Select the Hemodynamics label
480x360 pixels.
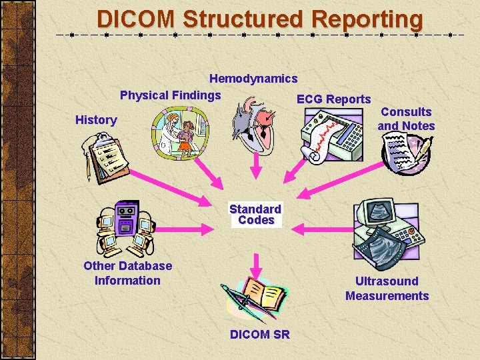pyautogui.click(x=253, y=79)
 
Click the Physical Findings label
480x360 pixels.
pyautogui.click(x=170, y=95)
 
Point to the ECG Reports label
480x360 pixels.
pyautogui.click(x=333, y=99)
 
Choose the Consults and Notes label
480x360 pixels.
pyautogui.click(x=406, y=119)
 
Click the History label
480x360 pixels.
pyautogui.click(x=96, y=120)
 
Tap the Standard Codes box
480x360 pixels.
pyautogui.click(x=255, y=215)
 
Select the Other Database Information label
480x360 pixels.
pyautogui.click(x=127, y=273)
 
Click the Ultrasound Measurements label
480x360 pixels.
pyautogui.click(x=387, y=289)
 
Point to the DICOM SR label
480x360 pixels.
pyautogui.click(x=260, y=335)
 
